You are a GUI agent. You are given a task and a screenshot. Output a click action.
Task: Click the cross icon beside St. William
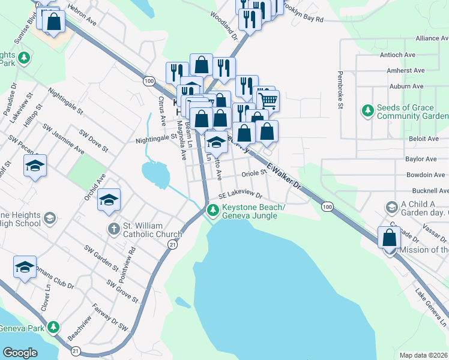pyautogui.click(x=113, y=229)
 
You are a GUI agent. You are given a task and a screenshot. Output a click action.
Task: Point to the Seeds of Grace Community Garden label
pyautogui.click(x=412, y=112)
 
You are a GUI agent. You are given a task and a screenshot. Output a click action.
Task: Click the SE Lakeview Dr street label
pyautogui.click(x=241, y=195)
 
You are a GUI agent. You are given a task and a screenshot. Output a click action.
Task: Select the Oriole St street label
pyautogui.click(x=254, y=173)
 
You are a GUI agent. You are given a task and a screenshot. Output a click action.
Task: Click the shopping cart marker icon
pyautogui.click(x=268, y=100)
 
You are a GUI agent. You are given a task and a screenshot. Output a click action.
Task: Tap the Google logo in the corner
pyautogui.click(x=20, y=353)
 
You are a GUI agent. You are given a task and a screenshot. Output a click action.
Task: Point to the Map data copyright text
pyautogui.click(x=424, y=355)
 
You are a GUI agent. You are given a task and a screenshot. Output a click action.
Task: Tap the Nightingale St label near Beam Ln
pyautogui.click(x=157, y=136)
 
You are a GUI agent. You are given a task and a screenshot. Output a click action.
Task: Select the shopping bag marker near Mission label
pyautogui.click(x=390, y=238)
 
